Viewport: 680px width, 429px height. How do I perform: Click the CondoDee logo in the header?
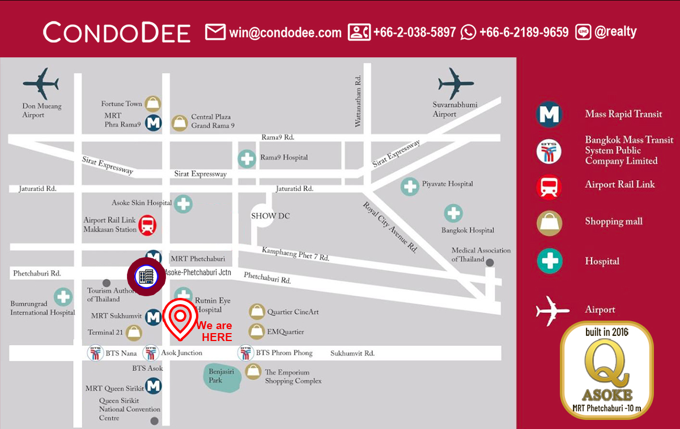coord(117,32)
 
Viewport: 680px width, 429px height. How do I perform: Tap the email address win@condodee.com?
coord(285,32)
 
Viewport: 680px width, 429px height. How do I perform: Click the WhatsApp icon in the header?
coord(469,32)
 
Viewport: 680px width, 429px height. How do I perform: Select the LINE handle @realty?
coord(615,32)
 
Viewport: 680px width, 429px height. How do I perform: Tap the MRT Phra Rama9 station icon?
coord(153,121)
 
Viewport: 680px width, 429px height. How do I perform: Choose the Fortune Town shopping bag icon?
coord(153,104)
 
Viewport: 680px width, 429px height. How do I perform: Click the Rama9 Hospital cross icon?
coord(246,158)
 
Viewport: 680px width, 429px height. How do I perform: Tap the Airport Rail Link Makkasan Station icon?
coord(148,225)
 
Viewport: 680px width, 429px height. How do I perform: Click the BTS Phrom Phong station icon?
coord(245,353)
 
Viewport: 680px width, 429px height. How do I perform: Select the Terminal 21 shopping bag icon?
coord(134,332)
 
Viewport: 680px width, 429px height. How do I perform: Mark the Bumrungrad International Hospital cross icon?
coord(63,297)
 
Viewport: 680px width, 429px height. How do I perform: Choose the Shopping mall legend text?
coord(614,221)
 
